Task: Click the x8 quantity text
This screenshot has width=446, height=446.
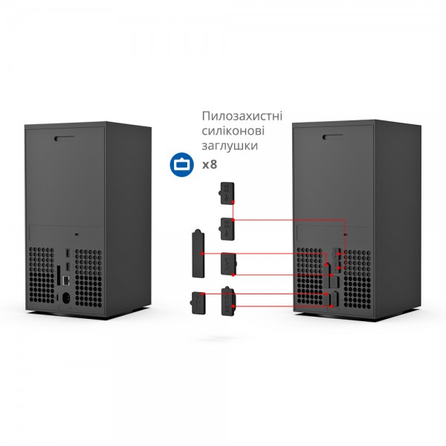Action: click(210, 164)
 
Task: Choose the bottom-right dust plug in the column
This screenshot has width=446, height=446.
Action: click(228, 301)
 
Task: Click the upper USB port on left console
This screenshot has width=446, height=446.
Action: click(68, 252)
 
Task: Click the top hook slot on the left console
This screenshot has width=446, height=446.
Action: click(64, 137)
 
